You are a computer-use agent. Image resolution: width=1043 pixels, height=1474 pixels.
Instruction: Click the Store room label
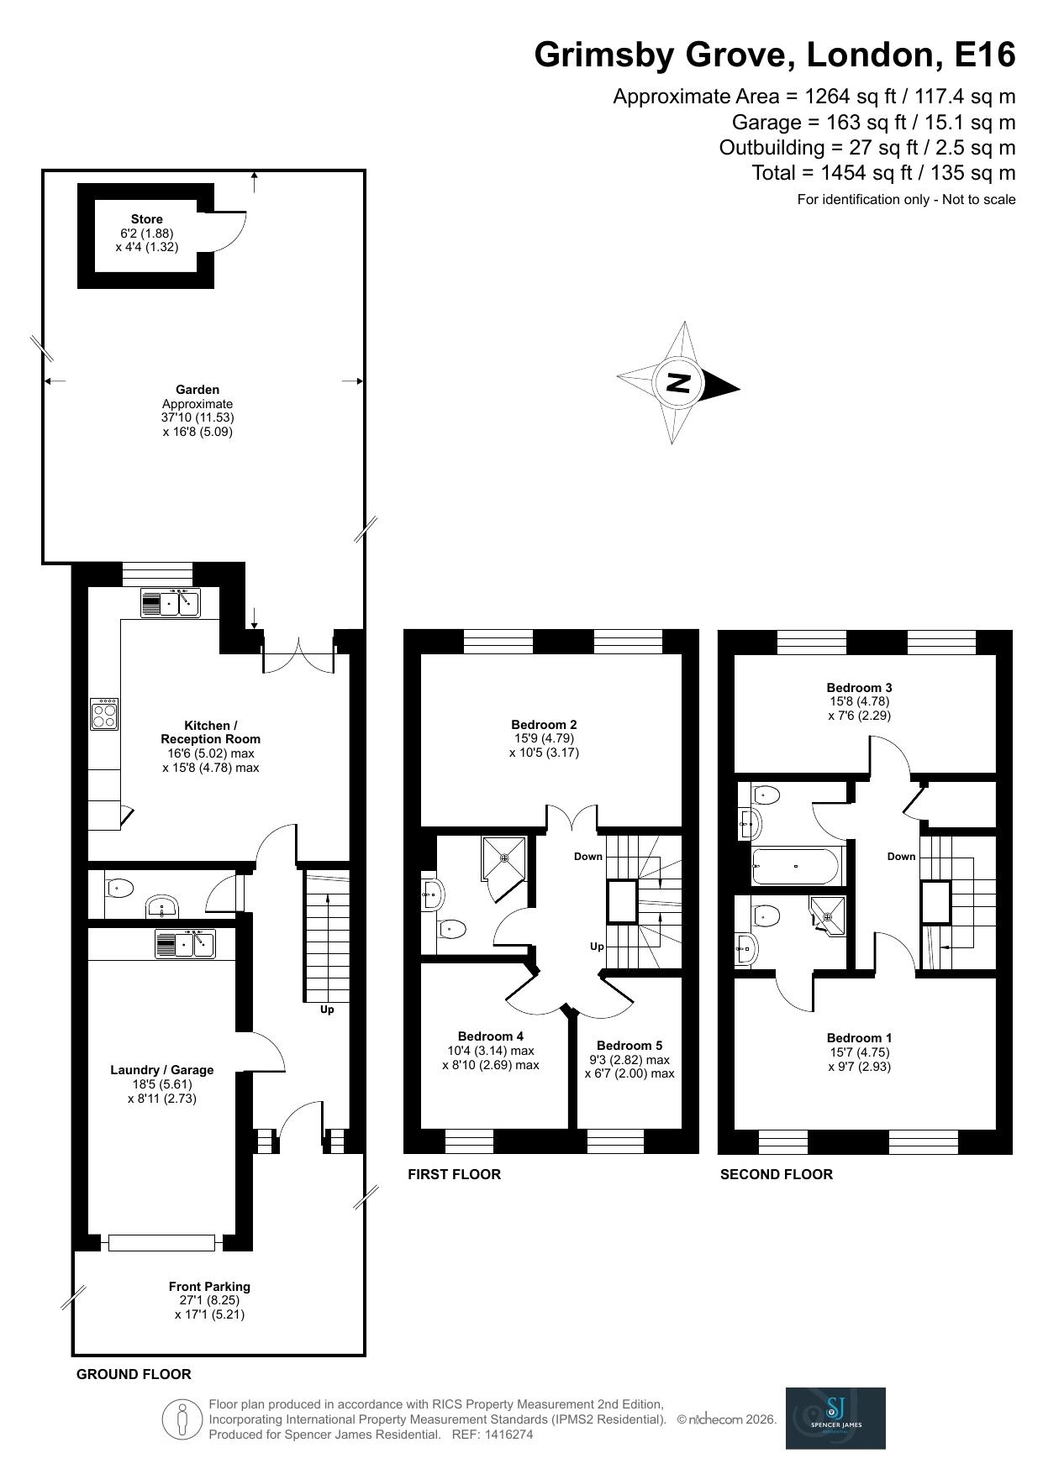146,219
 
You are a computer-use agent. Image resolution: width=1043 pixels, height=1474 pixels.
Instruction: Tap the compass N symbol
678,383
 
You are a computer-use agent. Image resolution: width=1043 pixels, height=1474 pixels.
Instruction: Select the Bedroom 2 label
544,724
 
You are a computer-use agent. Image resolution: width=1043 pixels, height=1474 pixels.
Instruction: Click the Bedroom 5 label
629,1045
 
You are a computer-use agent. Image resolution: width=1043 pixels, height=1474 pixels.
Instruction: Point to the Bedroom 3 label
859,687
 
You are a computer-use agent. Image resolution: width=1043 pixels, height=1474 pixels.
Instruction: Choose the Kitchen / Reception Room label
210,732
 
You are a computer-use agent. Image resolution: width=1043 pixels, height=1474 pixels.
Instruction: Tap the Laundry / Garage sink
185,943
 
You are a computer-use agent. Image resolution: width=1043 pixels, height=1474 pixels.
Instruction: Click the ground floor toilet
120,887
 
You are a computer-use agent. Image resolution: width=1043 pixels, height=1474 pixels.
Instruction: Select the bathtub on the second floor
795,865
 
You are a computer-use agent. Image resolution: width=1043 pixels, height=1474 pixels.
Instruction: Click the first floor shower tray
503,858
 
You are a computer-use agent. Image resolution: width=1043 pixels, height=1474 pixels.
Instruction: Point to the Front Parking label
209,1286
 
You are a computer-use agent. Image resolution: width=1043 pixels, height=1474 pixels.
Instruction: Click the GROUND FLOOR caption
134,1374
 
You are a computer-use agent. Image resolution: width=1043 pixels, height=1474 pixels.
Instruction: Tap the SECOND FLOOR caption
776,1174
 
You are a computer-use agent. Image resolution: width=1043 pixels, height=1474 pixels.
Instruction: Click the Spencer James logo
835,1418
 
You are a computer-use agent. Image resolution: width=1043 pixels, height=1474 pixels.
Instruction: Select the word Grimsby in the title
604,55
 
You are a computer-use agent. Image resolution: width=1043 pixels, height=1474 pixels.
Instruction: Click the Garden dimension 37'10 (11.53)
198,417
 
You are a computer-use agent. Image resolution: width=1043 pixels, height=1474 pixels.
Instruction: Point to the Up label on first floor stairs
597,947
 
